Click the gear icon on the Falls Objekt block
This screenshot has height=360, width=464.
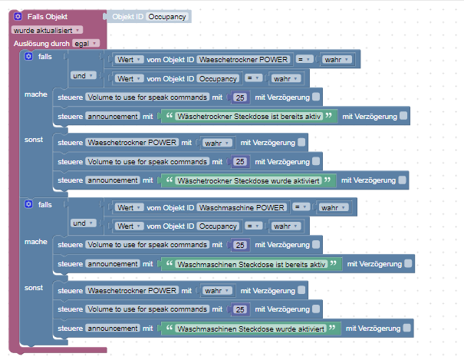(18, 15)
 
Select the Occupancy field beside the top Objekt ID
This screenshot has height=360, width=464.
(167, 16)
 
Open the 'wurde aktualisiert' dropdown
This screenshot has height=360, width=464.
(47, 29)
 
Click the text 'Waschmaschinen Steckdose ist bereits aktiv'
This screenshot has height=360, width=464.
(252, 264)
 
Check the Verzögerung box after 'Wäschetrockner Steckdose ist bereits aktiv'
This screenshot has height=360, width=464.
(403, 116)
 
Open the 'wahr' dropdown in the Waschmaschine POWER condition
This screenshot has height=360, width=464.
(333, 207)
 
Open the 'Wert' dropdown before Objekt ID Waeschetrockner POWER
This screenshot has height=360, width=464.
(127, 59)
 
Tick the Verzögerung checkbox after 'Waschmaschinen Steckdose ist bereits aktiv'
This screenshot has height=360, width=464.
(409, 264)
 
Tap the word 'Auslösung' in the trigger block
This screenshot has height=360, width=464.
(31, 43)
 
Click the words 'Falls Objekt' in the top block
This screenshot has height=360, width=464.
(46, 16)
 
